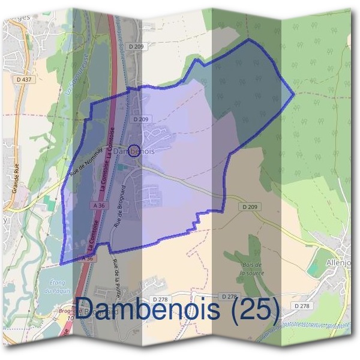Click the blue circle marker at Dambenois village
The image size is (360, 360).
point(134,149)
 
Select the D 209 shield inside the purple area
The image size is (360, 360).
point(141,119)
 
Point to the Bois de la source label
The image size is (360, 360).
point(251,269)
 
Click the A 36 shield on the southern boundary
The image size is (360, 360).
point(88,258)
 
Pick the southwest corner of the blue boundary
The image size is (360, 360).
point(61,263)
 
